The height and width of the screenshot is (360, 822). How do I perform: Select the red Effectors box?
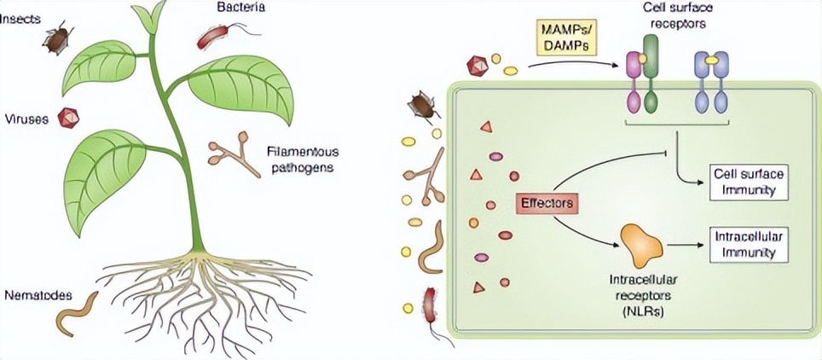click(545, 203)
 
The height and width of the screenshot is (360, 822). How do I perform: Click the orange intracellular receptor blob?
click(642, 244)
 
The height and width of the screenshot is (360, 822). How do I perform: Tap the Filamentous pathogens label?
click(298, 159)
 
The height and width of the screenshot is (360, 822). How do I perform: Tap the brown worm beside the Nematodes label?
click(77, 312)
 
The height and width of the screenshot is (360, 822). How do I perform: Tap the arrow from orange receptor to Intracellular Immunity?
click(688, 244)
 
